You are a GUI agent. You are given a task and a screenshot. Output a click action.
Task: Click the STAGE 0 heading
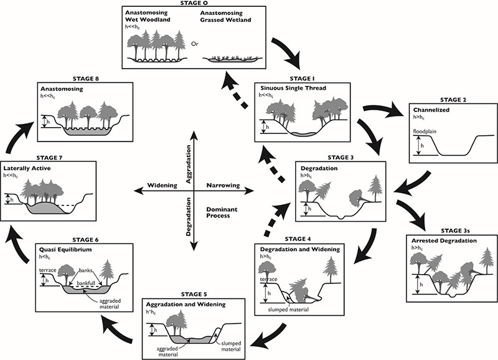coord(194,3)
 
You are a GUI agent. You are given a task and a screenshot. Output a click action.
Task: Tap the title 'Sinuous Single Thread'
coord(293,88)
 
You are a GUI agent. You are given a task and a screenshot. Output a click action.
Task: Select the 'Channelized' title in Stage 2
coord(431,110)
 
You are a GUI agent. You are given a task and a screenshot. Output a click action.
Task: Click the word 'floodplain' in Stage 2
coord(424,131)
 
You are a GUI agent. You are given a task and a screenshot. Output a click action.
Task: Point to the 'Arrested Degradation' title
coord(444,240)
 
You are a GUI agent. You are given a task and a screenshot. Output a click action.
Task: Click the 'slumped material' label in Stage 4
coord(288,310)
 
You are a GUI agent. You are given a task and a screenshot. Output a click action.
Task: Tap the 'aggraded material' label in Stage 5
coord(168,351)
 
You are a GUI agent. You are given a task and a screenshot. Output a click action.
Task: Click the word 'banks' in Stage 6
coord(85,270)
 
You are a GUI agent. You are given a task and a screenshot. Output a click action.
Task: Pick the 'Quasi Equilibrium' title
coord(65,249)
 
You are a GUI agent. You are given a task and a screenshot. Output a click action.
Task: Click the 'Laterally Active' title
coord(27,168)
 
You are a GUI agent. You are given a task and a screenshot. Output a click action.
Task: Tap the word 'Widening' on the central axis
coord(162,185)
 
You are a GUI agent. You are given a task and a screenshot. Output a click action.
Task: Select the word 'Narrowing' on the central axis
coord(223,185)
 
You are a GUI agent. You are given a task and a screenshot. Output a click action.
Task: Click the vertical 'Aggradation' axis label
coord(189,164)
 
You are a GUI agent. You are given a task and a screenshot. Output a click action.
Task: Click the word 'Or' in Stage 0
coord(194,44)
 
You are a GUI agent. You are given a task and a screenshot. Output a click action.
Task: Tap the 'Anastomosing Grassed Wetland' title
coord(225,17)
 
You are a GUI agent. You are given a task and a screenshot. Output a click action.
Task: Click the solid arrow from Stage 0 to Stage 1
coord(288,52)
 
